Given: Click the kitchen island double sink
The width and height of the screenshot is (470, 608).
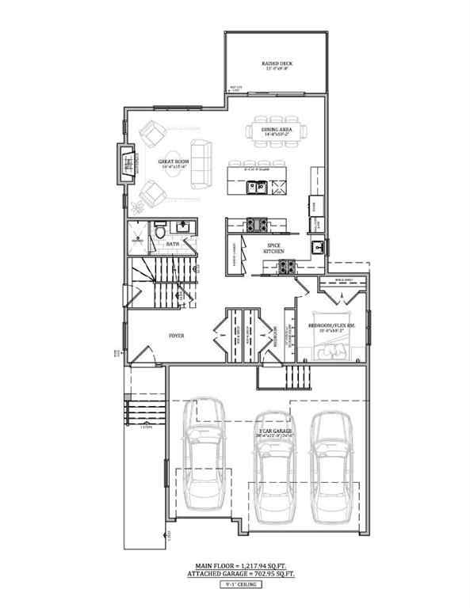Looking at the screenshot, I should [255, 188].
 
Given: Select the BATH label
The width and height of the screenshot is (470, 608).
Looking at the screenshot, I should [172, 245].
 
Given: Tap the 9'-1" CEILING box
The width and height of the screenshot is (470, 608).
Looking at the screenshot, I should [235, 586].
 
